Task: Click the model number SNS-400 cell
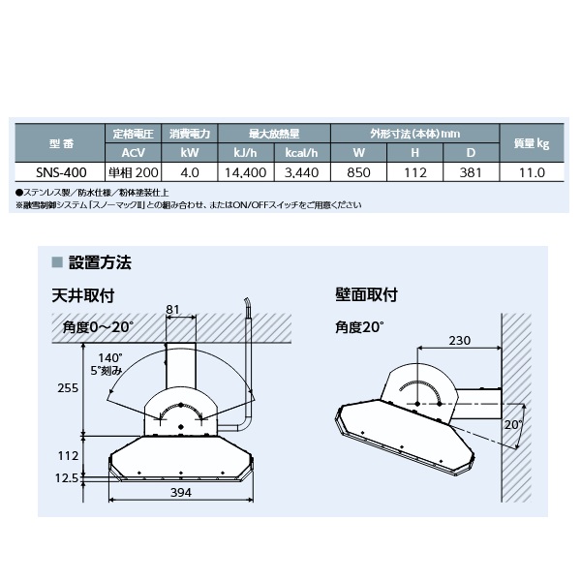(x=61, y=172)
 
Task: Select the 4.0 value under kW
(x=190, y=172)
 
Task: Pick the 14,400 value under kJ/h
(x=246, y=172)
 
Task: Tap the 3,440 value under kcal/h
(x=301, y=172)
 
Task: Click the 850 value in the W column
(x=358, y=172)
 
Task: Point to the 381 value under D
(x=471, y=172)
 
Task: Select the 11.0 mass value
(x=532, y=172)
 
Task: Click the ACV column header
(x=134, y=153)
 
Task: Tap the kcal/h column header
(x=301, y=153)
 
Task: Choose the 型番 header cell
(x=62, y=143)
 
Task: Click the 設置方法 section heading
(x=100, y=262)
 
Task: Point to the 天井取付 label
(x=83, y=295)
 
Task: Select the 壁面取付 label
(x=366, y=295)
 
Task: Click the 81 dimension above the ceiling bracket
(x=172, y=309)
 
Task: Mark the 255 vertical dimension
(x=68, y=388)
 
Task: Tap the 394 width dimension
(x=181, y=493)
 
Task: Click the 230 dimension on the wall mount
(x=459, y=340)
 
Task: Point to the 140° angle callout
(x=110, y=358)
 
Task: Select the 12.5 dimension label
(x=67, y=478)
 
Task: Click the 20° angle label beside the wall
(x=513, y=425)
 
